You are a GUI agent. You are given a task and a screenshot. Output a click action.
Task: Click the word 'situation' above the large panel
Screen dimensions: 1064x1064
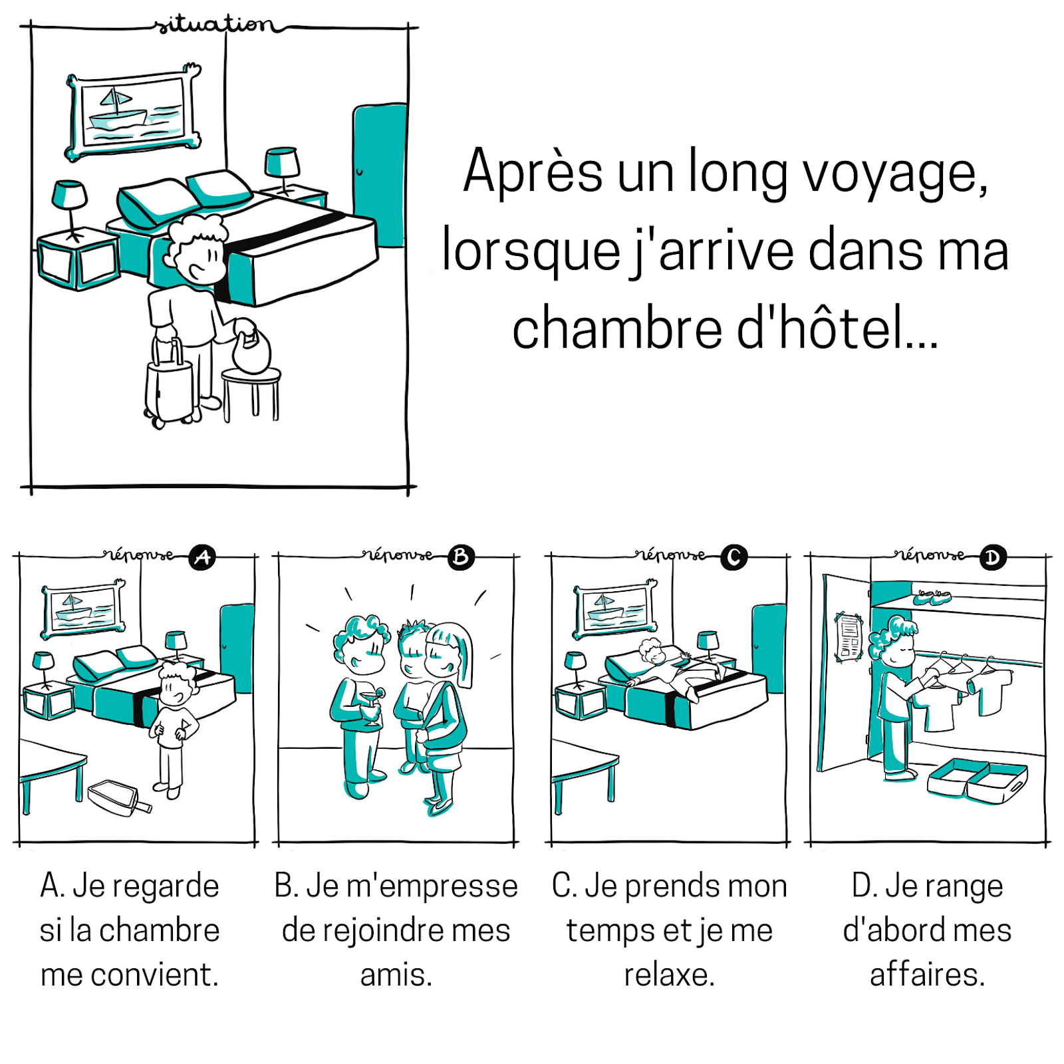click(214, 25)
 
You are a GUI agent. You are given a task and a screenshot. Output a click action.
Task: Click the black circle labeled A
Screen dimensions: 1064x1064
click(202, 557)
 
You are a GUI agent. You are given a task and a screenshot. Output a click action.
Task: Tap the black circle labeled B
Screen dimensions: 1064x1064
click(461, 557)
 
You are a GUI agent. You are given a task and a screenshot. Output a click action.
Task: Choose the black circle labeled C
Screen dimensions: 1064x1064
click(734, 557)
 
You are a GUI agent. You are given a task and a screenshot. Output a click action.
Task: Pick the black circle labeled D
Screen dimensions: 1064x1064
click(993, 557)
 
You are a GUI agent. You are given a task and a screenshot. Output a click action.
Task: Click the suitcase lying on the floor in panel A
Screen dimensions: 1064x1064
click(116, 798)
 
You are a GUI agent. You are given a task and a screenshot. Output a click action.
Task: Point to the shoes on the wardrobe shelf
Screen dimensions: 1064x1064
click(931, 597)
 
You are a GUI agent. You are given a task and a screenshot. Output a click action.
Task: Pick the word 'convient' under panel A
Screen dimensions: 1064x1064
click(154, 975)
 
